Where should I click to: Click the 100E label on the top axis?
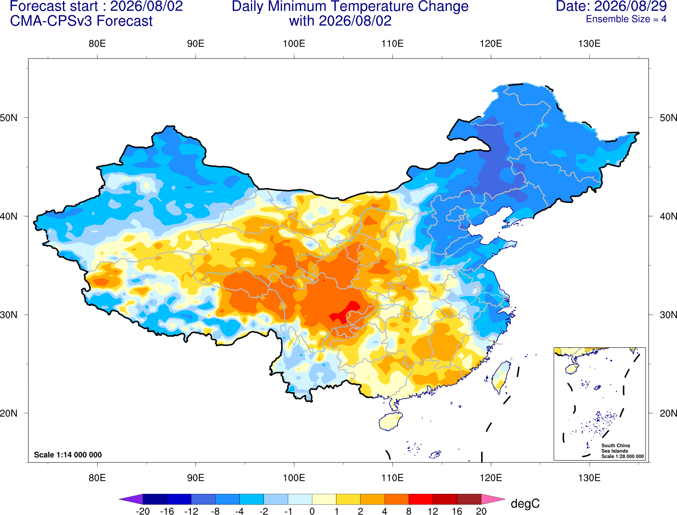pyautogui.click(x=294, y=44)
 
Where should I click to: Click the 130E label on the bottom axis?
pyautogui.click(x=589, y=478)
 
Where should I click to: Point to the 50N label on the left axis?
pyautogui.click(x=9, y=117)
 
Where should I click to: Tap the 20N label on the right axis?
pyautogui.click(x=668, y=413)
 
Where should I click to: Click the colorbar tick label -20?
pyautogui.click(x=143, y=511)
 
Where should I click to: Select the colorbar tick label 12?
pyautogui.click(x=433, y=511)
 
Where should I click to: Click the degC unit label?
pyautogui.click(x=525, y=504)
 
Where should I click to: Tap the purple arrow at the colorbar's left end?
pyautogui.click(x=131, y=499)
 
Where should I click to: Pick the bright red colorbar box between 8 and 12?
pyautogui.click(x=421, y=499)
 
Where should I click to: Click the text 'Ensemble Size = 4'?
pyautogui.click(x=626, y=19)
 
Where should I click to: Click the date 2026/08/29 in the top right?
pyautogui.click(x=631, y=6)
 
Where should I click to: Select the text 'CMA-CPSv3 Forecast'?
pyautogui.click(x=81, y=21)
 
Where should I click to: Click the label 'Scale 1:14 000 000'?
pyautogui.click(x=68, y=454)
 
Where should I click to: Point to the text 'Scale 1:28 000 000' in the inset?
pyautogui.click(x=622, y=456)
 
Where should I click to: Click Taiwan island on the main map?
pyautogui.click(x=500, y=377)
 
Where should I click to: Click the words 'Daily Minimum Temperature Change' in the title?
pyautogui.click(x=350, y=7)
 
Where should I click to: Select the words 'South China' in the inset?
pyautogui.click(x=615, y=446)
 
